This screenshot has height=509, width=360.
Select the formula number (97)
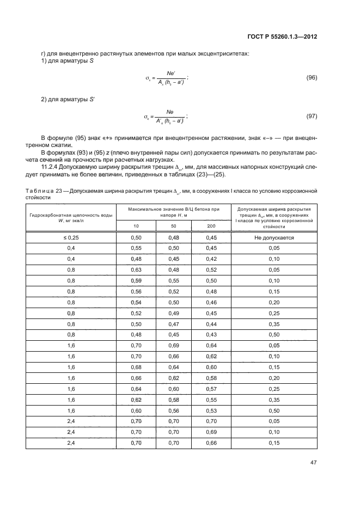click(312, 116)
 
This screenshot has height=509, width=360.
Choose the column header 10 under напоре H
click(136, 225)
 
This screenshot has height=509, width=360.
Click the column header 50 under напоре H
click(173, 225)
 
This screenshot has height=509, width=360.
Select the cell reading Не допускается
click(274, 238)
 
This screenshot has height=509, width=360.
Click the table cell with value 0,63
click(136, 269)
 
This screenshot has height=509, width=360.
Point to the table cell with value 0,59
click(136, 280)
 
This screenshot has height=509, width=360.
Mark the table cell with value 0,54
click(136, 302)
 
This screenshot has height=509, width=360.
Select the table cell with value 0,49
click(173, 312)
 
